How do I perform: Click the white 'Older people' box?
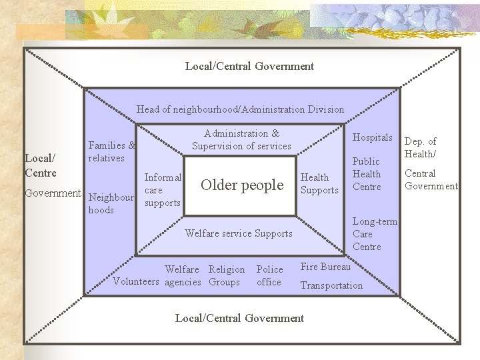(241, 185)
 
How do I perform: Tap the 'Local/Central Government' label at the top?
(249, 66)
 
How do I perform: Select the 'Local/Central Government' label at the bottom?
(239, 318)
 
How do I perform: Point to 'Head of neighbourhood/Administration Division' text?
(240, 109)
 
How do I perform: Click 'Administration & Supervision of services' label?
(241, 140)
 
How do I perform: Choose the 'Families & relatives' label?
(111, 152)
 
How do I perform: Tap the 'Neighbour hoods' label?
(111, 204)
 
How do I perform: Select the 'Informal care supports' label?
(163, 190)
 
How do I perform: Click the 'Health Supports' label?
(319, 184)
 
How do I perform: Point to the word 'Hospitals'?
(372, 137)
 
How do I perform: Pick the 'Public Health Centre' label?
(366, 174)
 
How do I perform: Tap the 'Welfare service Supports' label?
(238, 233)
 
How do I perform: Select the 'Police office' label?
(269, 276)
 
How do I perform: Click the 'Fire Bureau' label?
(325, 267)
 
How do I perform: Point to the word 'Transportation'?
(331, 285)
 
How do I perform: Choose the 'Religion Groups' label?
(226, 276)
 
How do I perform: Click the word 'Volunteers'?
(137, 282)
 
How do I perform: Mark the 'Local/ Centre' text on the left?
(40, 165)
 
